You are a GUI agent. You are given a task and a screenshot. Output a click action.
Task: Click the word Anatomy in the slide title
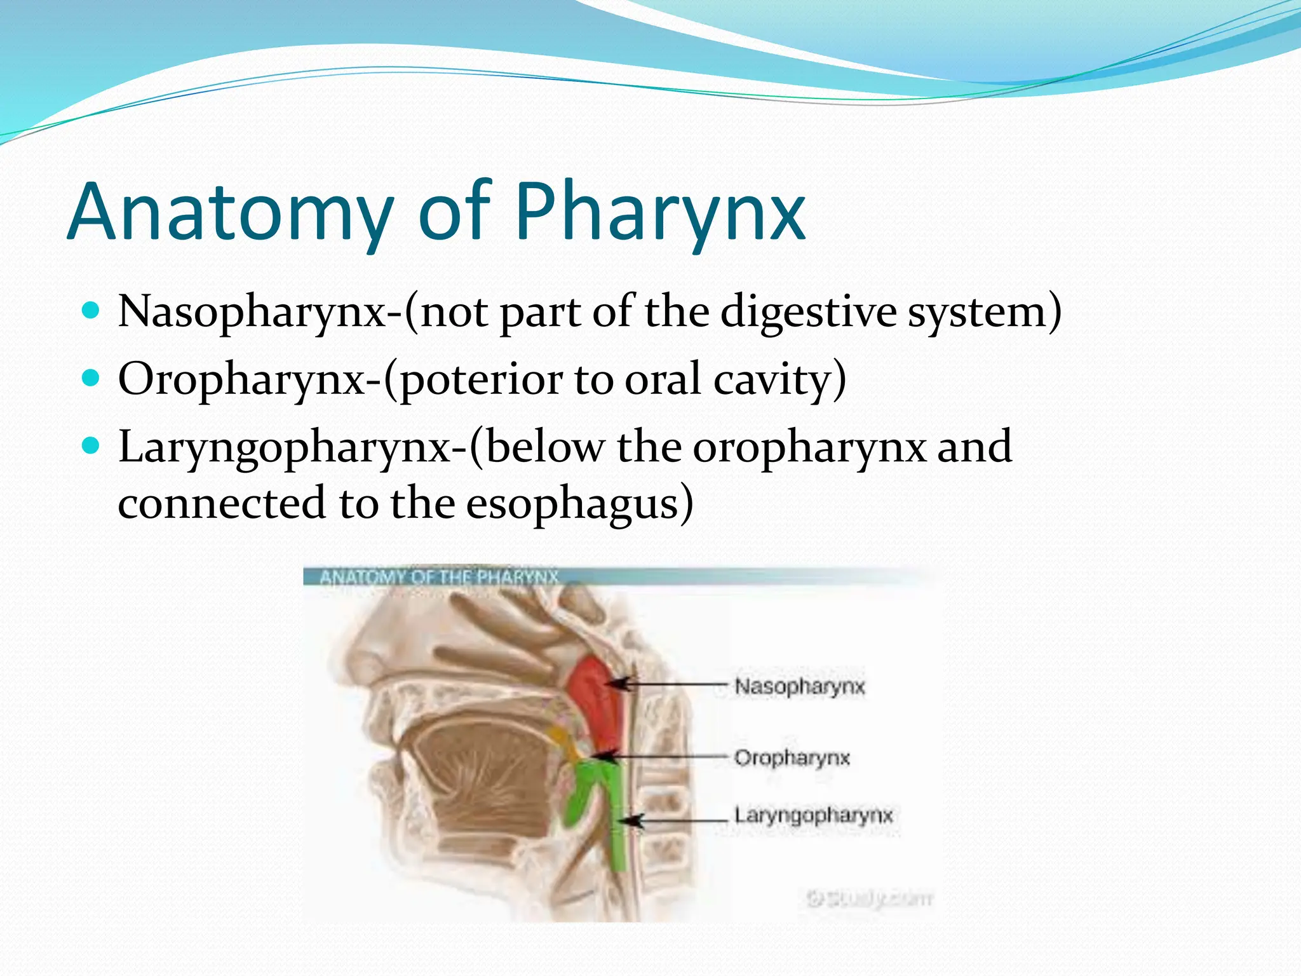[229, 213]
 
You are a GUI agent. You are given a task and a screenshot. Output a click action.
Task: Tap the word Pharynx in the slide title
[661, 213]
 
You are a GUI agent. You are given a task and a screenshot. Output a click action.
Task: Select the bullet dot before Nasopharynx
[91, 311]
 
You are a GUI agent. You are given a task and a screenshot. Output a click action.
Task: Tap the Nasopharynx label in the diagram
[799, 687]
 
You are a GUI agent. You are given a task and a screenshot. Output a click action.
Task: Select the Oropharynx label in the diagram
[792, 758]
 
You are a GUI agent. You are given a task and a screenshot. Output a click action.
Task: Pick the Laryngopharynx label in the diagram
[813, 815]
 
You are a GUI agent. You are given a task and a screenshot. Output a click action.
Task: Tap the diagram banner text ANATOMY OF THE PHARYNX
[438, 577]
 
